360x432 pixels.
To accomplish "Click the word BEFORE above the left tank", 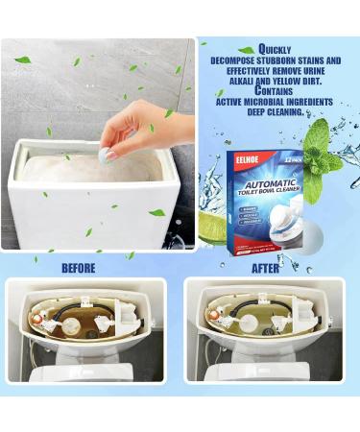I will (x=78, y=268).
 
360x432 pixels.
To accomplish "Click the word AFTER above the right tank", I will (x=266, y=268).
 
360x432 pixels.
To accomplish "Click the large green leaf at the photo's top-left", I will (x=22, y=60).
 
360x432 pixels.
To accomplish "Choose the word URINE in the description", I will (x=322, y=70).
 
